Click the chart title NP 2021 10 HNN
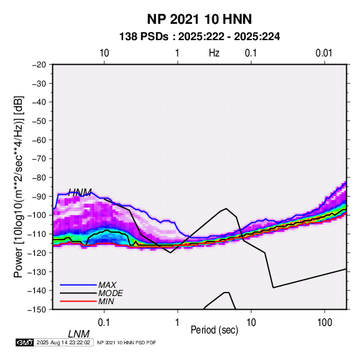click(x=199, y=19)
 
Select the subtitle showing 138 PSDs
click(x=199, y=37)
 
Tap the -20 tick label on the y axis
click(x=39, y=65)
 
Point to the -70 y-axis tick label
click(x=39, y=159)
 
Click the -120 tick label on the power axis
click(x=37, y=252)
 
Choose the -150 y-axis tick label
click(x=37, y=310)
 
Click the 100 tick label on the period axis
click(x=325, y=323)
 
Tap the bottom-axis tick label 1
click(x=178, y=323)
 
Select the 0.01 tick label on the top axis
click(x=324, y=53)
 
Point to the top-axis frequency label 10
click(x=104, y=53)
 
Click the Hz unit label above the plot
click(x=214, y=53)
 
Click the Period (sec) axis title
click(x=214, y=330)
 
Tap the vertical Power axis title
click(x=18, y=186)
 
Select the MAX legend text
click(x=107, y=284)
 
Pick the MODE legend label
click(x=110, y=293)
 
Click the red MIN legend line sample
click(x=78, y=301)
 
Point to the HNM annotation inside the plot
click(x=80, y=193)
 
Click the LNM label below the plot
click(x=79, y=334)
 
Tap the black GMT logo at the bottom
click(x=24, y=342)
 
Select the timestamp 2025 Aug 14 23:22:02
click(x=63, y=342)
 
